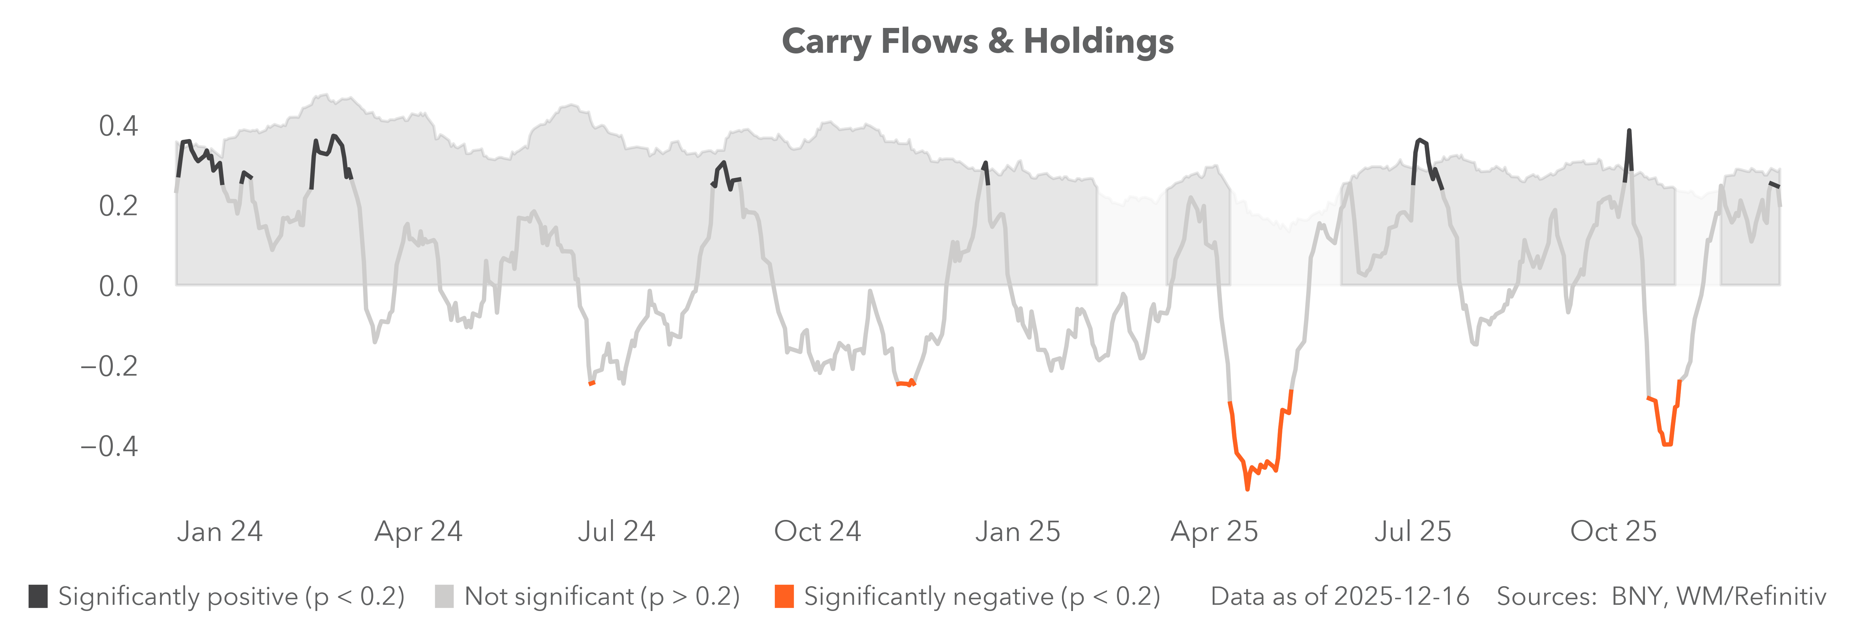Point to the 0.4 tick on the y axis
[118, 127]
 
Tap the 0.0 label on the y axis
[118, 286]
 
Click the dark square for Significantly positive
[38, 597]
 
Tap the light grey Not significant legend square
[444, 597]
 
